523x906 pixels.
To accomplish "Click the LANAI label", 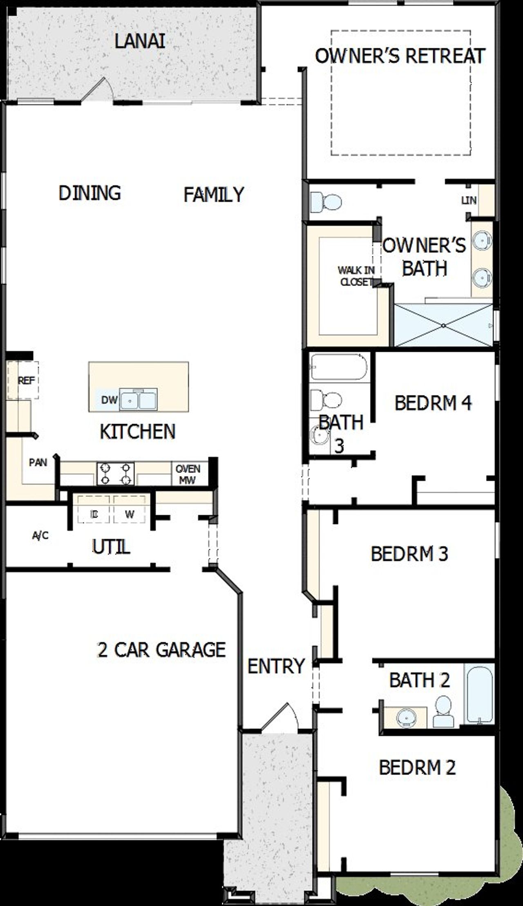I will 140,42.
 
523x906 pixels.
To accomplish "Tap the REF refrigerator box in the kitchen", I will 26,380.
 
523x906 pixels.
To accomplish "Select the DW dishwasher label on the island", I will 109,400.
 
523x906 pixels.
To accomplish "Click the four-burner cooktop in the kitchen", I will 115,474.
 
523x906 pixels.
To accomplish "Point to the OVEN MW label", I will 188,474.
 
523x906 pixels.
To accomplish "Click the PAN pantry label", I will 38,463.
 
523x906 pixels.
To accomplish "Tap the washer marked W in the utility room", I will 130,514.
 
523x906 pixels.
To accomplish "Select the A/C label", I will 40,535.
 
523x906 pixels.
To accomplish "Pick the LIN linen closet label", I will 469,200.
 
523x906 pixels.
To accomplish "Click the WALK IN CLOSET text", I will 356,276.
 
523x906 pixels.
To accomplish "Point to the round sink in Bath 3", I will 317,435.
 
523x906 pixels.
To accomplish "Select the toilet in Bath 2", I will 443,711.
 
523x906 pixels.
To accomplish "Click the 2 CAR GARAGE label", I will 161,650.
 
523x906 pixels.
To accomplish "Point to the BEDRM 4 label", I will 433,403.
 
